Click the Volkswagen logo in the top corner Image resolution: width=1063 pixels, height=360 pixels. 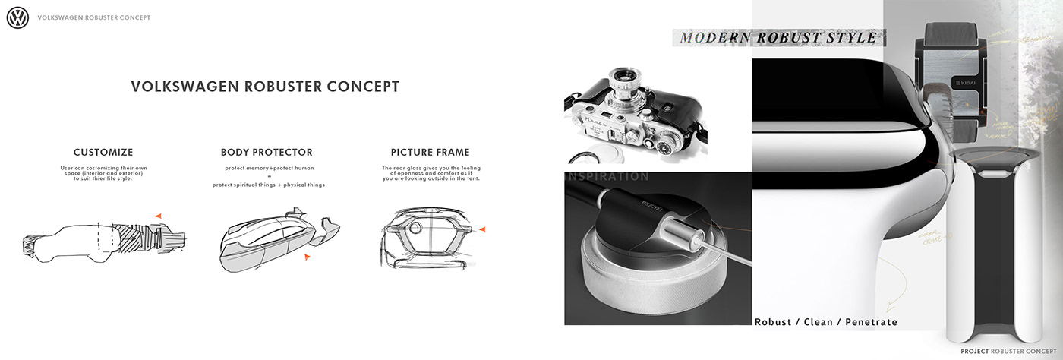coord(17,17)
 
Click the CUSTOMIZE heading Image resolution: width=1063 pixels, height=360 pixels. coord(103,153)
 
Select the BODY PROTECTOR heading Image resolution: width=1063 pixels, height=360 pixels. coord(267,153)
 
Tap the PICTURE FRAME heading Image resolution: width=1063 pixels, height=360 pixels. coord(430,153)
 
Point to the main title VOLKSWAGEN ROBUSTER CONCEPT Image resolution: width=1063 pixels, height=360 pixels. coord(265,87)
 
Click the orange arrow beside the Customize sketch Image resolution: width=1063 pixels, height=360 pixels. coord(158,217)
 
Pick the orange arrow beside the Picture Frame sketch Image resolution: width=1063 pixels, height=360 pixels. coord(482,229)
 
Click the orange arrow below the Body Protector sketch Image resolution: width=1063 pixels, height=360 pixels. coord(307,257)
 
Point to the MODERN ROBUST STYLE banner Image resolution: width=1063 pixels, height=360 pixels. coord(778,37)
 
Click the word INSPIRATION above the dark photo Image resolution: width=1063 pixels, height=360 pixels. coord(607,177)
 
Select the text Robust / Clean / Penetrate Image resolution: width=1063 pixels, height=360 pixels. coord(825,322)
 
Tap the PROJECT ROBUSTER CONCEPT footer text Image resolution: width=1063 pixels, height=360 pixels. coord(1007,352)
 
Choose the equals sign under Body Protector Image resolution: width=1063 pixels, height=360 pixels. coord(269,176)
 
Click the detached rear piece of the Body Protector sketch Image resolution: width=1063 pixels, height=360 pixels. coord(330,227)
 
